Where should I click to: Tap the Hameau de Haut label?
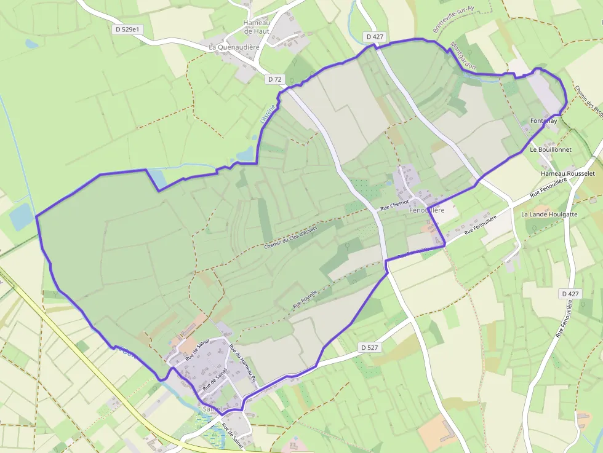(257, 27)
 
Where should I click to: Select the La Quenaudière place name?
(234, 47)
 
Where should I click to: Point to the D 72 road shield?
(275, 79)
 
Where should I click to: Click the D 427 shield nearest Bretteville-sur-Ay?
(375, 37)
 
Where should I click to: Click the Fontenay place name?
(543, 121)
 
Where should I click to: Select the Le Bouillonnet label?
(551, 149)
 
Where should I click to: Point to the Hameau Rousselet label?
(568, 174)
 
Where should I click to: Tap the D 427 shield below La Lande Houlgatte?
(570, 294)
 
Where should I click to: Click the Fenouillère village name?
(426, 210)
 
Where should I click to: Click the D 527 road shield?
(369, 348)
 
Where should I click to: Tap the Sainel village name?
(212, 409)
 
